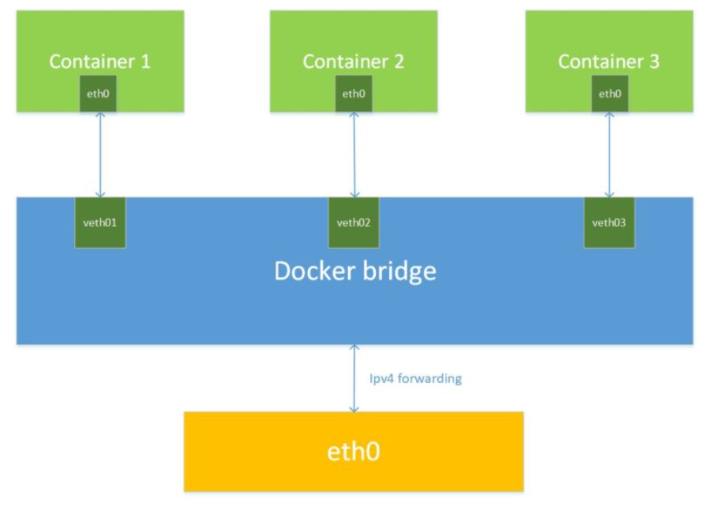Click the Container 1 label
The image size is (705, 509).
[x=100, y=61]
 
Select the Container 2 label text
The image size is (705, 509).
[x=354, y=61]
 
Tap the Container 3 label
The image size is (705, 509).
[x=609, y=61]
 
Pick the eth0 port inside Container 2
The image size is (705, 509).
[x=354, y=94]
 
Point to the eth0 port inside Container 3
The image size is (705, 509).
[x=609, y=94]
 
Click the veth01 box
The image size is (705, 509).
[x=100, y=222]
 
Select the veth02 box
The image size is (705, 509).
[x=354, y=222]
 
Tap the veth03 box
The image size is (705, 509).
[x=609, y=222]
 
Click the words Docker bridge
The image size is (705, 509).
[x=354, y=271]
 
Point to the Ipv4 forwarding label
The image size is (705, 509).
[x=416, y=378]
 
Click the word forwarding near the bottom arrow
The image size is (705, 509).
[x=429, y=378]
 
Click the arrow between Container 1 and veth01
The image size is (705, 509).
[x=100, y=154]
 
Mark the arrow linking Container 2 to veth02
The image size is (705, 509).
[x=354, y=154]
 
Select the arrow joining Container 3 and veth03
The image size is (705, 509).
[x=609, y=154]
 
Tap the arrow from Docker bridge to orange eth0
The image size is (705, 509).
[x=354, y=378]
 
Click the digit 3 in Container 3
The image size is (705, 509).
[x=655, y=61]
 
